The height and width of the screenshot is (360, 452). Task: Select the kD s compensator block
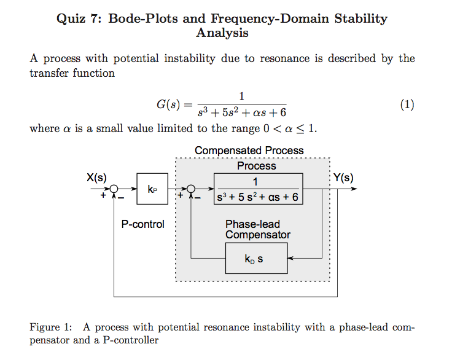click(255, 259)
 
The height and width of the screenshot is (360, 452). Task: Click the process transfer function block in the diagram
click(258, 189)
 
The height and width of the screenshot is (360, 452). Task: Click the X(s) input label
click(96, 178)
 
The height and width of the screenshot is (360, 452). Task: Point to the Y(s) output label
click(343, 178)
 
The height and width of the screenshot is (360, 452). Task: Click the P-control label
click(142, 224)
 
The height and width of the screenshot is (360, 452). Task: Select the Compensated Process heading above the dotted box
click(249, 151)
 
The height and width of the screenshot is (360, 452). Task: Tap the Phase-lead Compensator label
click(257, 229)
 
